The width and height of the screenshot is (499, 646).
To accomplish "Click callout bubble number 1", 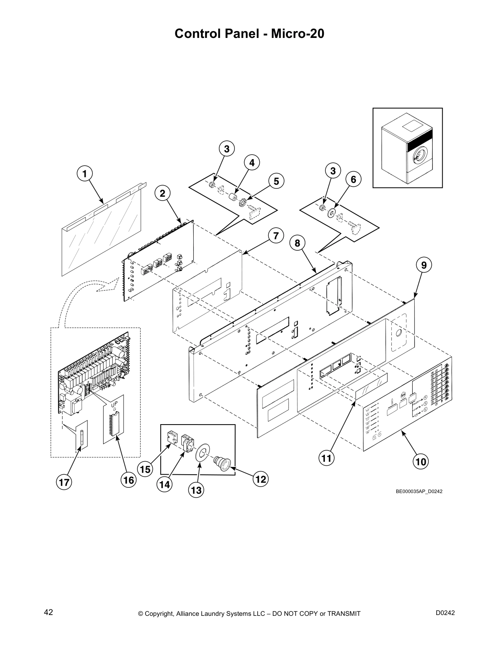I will coord(85,174).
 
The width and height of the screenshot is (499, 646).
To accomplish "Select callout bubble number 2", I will coord(163,193).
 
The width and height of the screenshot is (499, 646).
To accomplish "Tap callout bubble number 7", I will coord(276,236).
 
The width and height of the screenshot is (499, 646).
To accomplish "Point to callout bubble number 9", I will coord(424,265).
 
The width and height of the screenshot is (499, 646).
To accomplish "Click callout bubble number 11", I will coord(326,458).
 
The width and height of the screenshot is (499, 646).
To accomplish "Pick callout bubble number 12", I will coord(261,479).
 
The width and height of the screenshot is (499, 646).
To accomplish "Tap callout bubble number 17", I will coord(64,482).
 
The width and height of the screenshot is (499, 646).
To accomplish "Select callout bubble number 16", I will coord(128,480).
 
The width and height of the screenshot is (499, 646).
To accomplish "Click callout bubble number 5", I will coord(276,181).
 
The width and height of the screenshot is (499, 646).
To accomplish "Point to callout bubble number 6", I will coord(353,179).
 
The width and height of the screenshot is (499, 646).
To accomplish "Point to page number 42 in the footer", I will coord(49,612).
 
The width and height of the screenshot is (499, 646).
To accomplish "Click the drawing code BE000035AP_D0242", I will coord(419,491).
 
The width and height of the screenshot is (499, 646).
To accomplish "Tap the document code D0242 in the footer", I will coord(445,613).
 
